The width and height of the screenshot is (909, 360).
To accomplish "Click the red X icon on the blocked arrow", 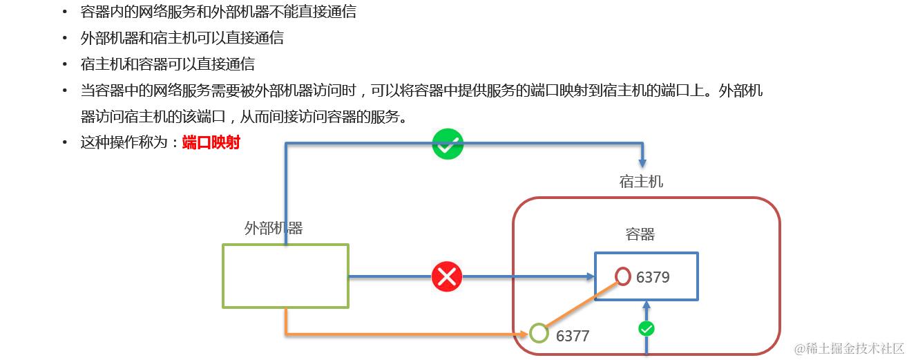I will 447,276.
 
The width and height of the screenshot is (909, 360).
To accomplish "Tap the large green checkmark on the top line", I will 448,144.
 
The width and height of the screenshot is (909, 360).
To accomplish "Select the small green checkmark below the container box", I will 647,329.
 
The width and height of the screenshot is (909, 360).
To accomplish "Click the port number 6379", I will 653,277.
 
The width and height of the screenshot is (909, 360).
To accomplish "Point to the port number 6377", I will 573,336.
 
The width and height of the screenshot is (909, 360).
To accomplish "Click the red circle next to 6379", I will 623,276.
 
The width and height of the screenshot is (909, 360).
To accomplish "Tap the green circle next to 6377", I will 539,334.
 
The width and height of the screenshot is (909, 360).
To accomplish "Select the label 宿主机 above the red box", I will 641,181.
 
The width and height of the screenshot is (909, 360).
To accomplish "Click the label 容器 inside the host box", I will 640,234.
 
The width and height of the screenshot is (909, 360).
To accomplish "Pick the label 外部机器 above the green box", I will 274,228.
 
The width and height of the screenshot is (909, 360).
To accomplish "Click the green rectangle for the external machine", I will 285,276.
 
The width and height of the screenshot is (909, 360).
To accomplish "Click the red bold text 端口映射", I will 211,143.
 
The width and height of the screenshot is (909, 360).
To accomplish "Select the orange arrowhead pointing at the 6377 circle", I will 524,334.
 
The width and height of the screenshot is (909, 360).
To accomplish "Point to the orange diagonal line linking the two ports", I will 580,305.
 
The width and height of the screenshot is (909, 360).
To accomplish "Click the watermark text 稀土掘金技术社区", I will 850,348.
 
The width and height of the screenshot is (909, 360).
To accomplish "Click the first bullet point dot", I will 65,12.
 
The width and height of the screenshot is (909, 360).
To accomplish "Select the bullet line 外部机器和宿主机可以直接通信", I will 182,38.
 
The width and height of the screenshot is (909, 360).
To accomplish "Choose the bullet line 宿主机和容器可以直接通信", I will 168,64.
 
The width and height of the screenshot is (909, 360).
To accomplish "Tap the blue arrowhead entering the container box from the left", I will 590,276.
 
